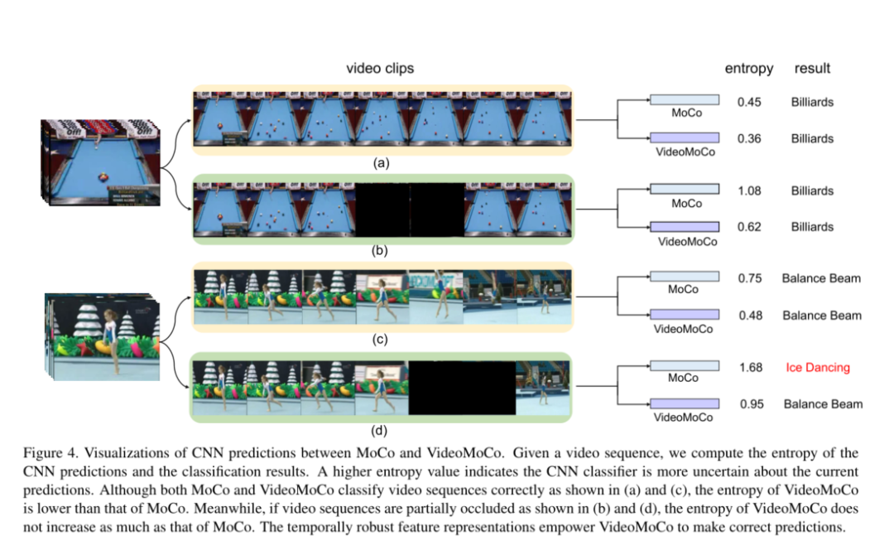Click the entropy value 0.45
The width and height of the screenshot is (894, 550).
coord(749,103)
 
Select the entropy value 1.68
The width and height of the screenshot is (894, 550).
coord(749,368)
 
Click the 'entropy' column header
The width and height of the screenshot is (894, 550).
coord(749,69)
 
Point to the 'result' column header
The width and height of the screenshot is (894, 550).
coord(812,69)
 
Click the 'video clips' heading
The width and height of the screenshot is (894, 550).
coord(380,69)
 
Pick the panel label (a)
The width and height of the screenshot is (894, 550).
coord(382,163)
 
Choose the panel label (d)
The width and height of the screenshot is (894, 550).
coord(382,429)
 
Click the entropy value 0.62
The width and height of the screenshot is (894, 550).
coord(749,227)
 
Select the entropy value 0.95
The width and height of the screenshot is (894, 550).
coord(749,404)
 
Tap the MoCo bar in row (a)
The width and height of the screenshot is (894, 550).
coord(685,100)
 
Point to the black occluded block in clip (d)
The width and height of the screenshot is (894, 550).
coord(462,385)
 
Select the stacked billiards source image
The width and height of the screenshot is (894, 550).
coord(98,162)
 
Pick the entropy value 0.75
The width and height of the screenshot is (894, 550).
coord(749,278)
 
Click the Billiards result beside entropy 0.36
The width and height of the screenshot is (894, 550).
coord(811,139)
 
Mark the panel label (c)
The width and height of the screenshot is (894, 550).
coord(382,340)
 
